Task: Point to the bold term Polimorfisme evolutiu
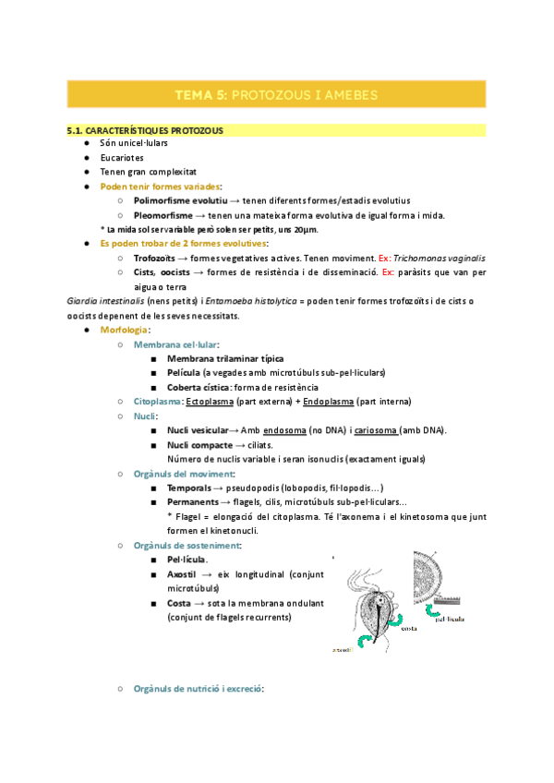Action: tap(180, 200)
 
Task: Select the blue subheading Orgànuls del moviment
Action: tap(184, 474)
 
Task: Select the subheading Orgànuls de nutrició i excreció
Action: tap(199, 688)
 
